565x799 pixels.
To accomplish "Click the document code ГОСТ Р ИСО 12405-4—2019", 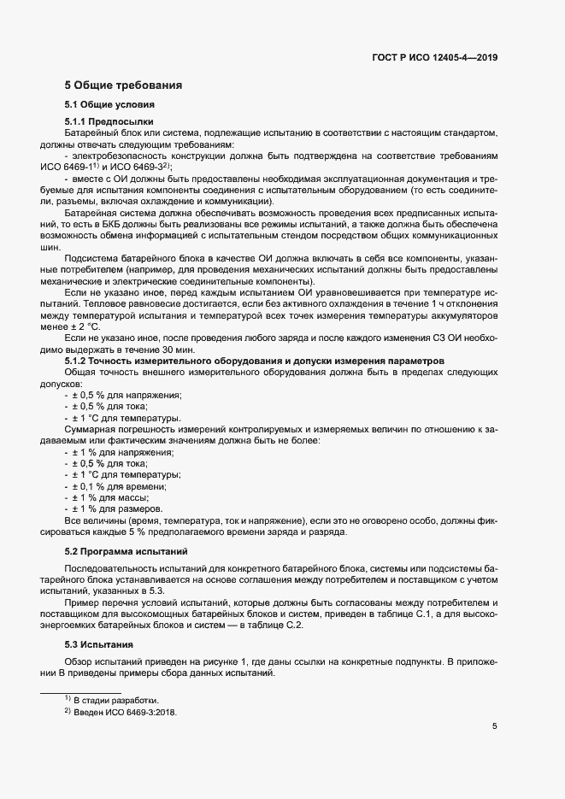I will pos(435,57).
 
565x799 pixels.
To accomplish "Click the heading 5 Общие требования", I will pos(122,85).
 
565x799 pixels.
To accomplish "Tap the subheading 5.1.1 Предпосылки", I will pos(109,123).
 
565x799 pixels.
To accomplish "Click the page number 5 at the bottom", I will pos(495,726).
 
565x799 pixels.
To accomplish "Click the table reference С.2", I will pos(294,626).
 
